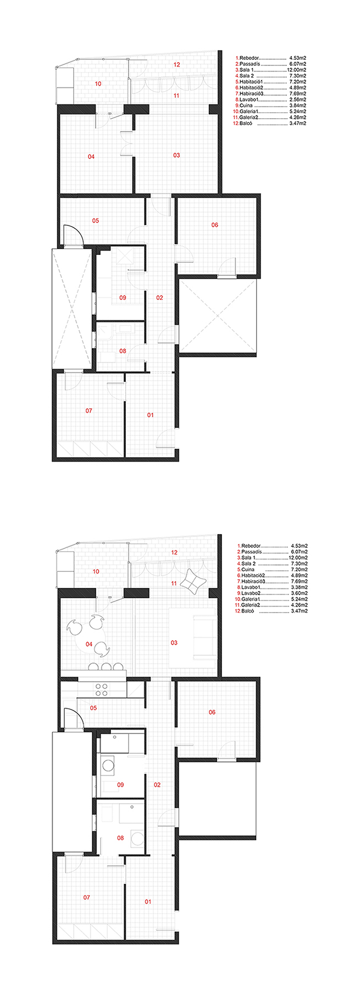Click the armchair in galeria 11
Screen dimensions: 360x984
click(x=193, y=582)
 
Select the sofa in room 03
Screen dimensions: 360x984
click(x=202, y=642)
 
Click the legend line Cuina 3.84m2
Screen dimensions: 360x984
click(x=271, y=105)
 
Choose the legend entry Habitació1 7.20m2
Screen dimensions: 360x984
click(x=271, y=81)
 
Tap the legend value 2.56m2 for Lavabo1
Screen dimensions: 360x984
click(x=297, y=99)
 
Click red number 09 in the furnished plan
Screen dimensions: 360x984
click(x=120, y=785)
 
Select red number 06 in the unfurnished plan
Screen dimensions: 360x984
click(x=215, y=225)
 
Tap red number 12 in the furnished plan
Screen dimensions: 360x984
click(x=174, y=552)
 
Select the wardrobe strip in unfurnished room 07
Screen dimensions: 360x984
click(x=90, y=449)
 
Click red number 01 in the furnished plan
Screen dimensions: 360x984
click(x=148, y=902)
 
